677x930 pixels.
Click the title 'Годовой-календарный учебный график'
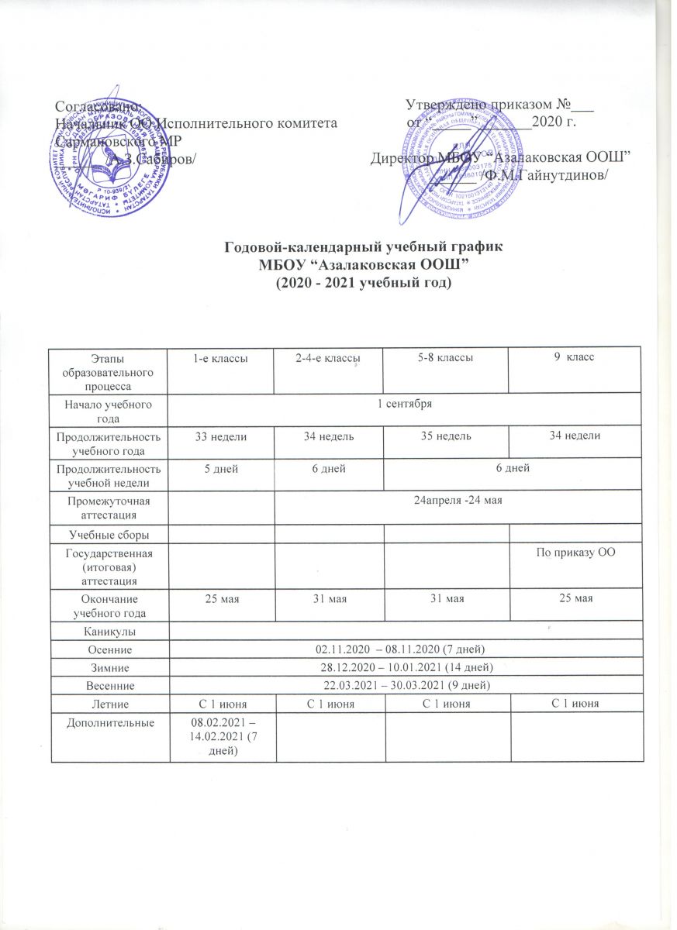(364, 247)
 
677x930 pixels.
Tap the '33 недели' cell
(221, 438)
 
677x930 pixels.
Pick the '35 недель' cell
(446, 438)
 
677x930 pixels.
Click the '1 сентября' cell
(405, 405)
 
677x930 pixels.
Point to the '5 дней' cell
(221, 468)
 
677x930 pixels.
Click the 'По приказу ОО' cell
(575, 552)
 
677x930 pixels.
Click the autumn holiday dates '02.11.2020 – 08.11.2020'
(405, 648)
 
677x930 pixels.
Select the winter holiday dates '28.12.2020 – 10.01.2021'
(405, 666)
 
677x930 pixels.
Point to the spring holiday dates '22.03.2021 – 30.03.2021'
(405, 685)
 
